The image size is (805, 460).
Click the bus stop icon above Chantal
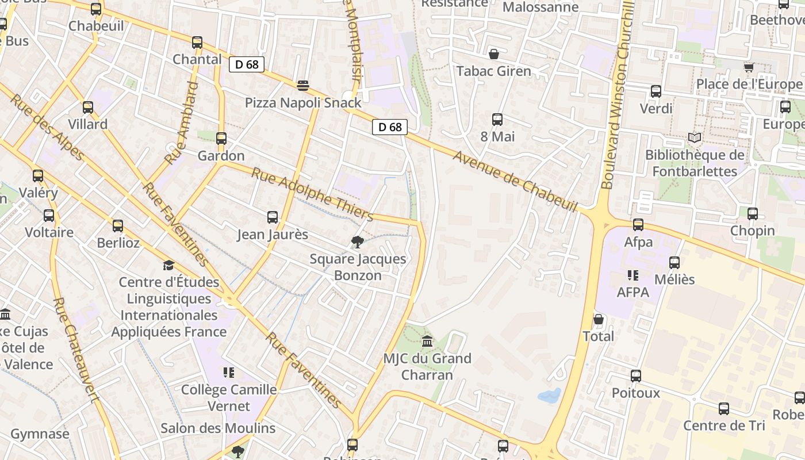click(x=197, y=43)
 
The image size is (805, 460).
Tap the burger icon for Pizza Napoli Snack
click(x=303, y=86)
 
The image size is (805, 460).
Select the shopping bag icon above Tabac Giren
click(x=493, y=54)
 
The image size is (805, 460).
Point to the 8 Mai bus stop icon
click(x=497, y=120)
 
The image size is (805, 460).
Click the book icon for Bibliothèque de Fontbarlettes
click(x=695, y=138)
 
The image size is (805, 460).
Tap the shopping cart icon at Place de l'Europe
click(x=749, y=67)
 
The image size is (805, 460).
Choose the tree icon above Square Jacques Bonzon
click(x=357, y=241)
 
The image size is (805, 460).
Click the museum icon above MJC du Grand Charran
click(x=427, y=342)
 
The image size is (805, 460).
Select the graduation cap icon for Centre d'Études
click(x=168, y=265)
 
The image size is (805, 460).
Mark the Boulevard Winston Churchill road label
click(x=618, y=95)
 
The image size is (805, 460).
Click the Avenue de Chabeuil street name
click(x=515, y=181)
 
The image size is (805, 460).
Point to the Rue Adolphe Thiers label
click(x=312, y=195)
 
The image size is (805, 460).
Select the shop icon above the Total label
click(x=599, y=319)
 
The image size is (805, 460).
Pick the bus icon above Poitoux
click(x=635, y=376)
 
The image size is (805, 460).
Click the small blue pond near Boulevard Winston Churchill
click(x=549, y=396)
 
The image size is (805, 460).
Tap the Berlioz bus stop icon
click(x=118, y=226)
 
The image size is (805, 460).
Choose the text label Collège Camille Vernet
click(x=229, y=397)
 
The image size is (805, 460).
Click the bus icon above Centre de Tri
click(x=724, y=409)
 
